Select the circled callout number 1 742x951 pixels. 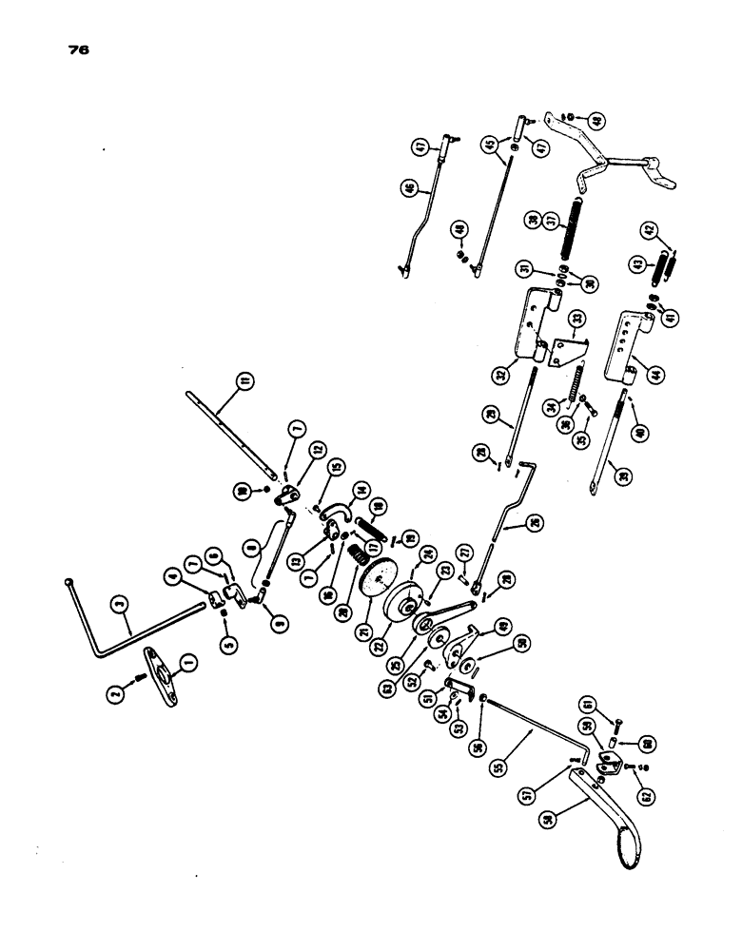tap(186, 659)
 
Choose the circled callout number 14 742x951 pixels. tap(360, 491)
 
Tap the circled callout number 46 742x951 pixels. tap(409, 188)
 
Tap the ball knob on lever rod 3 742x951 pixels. tap(69, 582)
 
